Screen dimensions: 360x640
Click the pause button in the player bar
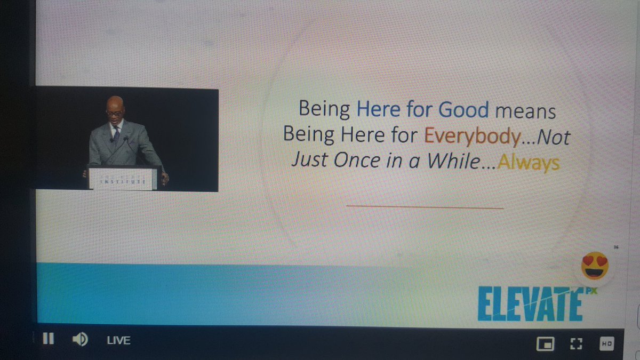point(48,339)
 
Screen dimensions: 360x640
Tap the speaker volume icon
point(80,339)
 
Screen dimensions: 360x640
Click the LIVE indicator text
point(119,340)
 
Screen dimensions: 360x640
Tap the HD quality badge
point(607,343)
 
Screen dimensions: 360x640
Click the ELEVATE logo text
point(529,305)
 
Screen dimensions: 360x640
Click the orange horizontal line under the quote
point(425,206)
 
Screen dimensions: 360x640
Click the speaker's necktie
point(117,133)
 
